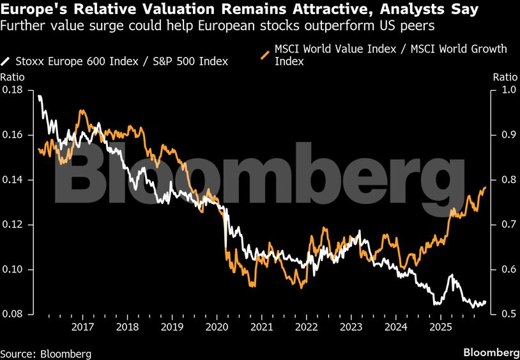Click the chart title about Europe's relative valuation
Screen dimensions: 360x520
coord(243,11)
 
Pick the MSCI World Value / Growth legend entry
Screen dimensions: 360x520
coord(390,54)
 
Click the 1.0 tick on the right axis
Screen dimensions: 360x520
coord(503,90)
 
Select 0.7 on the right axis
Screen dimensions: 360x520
coord(503,224)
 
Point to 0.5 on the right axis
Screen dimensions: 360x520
coord(503,314)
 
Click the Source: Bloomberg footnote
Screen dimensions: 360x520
coord(46,353)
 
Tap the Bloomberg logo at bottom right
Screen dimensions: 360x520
coord(491,352)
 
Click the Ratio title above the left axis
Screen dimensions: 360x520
coord(12,77)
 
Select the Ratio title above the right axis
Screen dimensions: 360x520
coord(505,77)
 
